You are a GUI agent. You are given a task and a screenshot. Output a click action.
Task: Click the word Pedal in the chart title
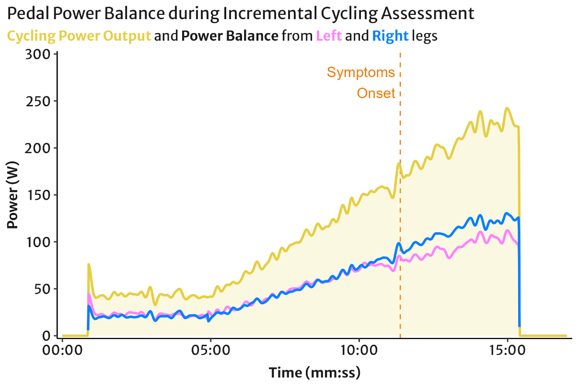pos(28,13)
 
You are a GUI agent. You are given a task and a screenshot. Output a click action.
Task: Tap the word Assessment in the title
pos(428,13)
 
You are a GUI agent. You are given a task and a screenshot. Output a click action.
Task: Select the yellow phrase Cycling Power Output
pos(79,36)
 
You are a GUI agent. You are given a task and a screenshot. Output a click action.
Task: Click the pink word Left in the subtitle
pos(329,35)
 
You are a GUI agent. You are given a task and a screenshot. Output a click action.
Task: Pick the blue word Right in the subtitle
pos(390,36)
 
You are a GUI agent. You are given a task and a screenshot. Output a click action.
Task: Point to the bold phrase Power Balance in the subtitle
pos(230,35)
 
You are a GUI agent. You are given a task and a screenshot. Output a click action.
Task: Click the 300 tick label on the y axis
pos(38,55)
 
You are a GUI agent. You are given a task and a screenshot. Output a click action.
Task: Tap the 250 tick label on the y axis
pos(38,102)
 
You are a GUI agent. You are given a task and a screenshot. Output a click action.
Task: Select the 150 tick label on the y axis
pos(38,195)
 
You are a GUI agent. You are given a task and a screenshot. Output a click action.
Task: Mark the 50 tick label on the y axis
pos(42,289)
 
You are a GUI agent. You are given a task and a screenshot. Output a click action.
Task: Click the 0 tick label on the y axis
pos(46,336)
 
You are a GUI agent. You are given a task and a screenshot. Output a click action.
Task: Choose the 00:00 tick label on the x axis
pos(62,351)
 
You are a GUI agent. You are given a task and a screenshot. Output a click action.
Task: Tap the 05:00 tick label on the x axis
pos(211,351)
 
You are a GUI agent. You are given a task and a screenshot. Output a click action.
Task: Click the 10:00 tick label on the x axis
pos(359,351)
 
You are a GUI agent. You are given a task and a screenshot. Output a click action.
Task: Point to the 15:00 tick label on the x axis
pos(507,351)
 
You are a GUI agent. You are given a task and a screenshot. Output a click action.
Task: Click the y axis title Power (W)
pos(12,195)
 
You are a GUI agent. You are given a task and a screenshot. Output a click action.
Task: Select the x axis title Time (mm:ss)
pos(314,373)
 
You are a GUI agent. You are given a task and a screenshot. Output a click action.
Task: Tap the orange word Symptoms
pos(361,72)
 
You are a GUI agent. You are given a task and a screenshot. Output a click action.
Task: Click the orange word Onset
pos(376,93)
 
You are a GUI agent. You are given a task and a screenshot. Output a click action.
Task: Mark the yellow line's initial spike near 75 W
pos(89,265)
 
